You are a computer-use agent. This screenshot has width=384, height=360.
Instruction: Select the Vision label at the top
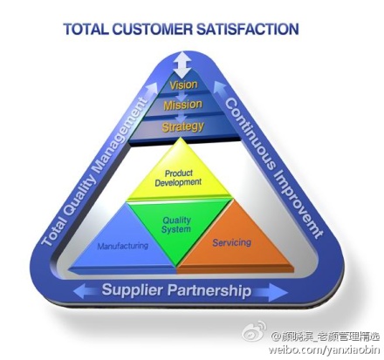(183, 85)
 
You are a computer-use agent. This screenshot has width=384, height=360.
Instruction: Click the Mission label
(182, 105)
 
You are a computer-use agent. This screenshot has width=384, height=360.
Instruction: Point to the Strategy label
(182, 127)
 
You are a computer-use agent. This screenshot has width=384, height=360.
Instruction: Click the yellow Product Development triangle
(180, 177)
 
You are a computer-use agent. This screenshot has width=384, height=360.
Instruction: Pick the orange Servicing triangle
(233, 244)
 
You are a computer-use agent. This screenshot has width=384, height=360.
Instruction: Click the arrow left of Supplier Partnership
(86, 291)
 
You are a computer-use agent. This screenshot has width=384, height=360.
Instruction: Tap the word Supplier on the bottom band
(133, 290)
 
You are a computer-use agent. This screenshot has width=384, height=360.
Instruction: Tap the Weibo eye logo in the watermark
(255, 331)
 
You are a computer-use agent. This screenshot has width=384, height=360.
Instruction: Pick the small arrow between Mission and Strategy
(182, 117)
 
